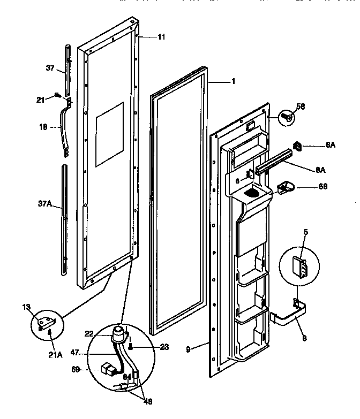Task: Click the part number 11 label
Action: [161, 37]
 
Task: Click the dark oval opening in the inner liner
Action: [252, 192]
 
